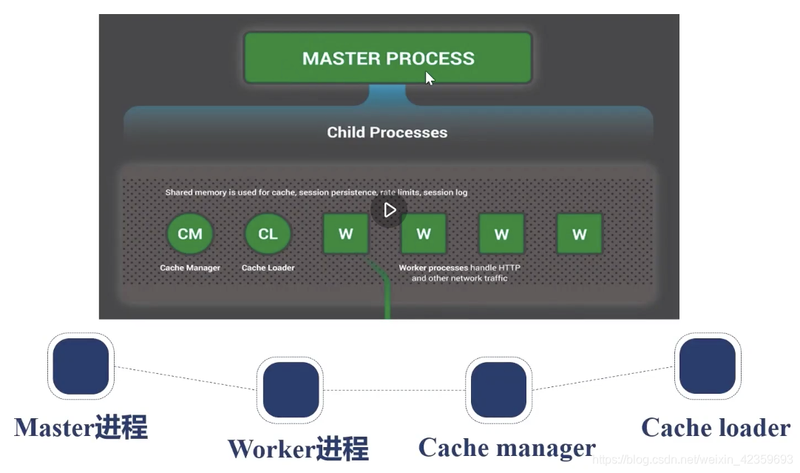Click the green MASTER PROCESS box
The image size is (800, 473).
point(387,58)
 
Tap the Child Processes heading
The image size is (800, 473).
point(387,132)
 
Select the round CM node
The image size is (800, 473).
point(190,234)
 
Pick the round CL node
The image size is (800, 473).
point(268,234)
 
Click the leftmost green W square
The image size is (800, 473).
point(346,234)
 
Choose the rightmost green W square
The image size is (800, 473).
point(579,234)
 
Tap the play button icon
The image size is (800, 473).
point(390,210)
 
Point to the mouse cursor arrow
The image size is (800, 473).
point(430,78)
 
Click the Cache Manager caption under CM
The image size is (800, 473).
point(190,268)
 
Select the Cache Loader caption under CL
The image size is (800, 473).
point(268,268)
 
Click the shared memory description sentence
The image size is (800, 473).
point(316,192)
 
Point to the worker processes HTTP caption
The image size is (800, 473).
point(460,272)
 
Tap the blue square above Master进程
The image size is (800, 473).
point(81,366)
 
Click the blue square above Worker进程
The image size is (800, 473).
point(291,390)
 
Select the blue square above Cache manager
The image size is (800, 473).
point(498,390)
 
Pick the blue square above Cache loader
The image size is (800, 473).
point(707,366)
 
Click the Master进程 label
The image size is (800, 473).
point(81,427)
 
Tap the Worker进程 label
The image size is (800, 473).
point(298,449)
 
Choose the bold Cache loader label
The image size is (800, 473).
point(716,428)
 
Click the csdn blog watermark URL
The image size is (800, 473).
point(693,459)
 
